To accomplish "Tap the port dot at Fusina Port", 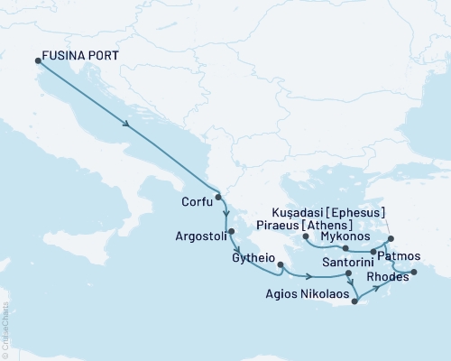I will tap(38, 60).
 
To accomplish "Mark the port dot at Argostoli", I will tap(232, 231).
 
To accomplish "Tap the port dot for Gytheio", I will tap(281, 265).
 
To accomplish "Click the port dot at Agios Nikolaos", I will tap(355, 301).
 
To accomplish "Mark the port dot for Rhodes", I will tap(414, 272).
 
